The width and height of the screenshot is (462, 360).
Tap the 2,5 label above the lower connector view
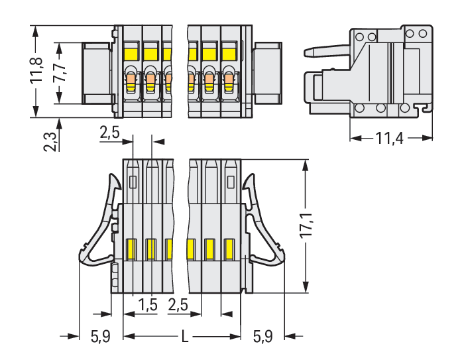(110, 133)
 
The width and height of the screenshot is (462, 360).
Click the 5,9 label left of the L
(101, 337)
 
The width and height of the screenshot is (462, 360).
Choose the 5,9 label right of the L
(263, 337)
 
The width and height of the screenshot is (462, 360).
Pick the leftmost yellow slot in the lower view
(131, 249)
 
